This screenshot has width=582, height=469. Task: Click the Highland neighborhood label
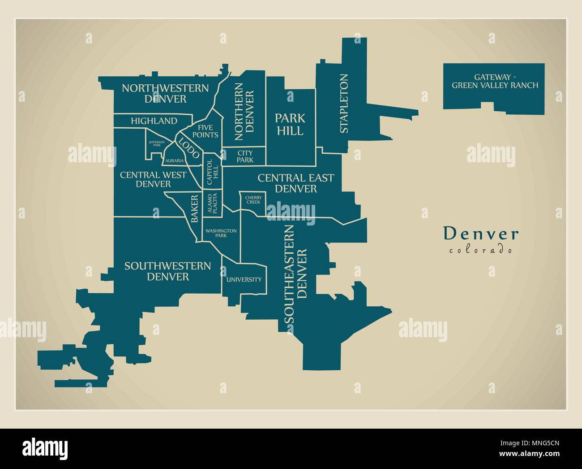(x=154, y=121)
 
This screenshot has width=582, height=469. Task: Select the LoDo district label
(x=189, y=148)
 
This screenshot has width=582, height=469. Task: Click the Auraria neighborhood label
(x=174, y=160)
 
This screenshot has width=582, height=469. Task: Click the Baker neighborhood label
(x=194, y=208)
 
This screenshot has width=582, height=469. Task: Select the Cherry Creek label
(x=253, y=200)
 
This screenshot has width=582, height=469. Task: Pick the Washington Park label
(x=221, y=233)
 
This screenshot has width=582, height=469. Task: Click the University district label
(x=244, y=279)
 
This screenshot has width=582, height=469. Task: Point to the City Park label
(x=245, y=156)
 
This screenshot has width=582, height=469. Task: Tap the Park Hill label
(x=290, y=125)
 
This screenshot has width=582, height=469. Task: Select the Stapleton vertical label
(x=344, y=104)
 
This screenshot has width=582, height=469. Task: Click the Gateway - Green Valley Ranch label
(x=495, y=81)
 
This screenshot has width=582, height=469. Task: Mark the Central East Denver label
(x=295, y=183)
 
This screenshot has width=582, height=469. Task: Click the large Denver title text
(x=481, y=234)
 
